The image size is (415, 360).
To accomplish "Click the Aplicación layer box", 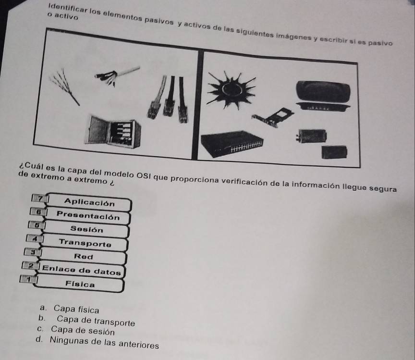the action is pyautogui.click(x=89, y=202).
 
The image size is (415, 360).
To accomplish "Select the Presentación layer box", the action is pyautogui.click(x=87, y=216).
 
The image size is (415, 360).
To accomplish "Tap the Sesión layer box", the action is pyautogui.click(x=86, y=229).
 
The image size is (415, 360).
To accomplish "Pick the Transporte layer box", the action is pyautogui.click(x=85, y=243).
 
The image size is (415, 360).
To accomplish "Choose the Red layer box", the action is pyautogui.click(x=83, y=257).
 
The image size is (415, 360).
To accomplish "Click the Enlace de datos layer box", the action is pyautogui.click(x=82, y=271).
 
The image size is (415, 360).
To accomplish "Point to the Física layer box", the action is pyautogui.click(x=80, y=284).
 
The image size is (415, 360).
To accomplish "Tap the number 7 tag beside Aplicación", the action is pyautogui.click(x=40, y=198).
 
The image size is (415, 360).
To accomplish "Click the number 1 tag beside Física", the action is pyautogui.click(x=28, y=279).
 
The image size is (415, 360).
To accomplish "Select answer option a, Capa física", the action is pyautogui.click(x=70, y=309).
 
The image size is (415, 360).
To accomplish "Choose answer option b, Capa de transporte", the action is pyautogui.click(x=87, y=321).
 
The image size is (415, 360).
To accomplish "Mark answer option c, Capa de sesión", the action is pyautogui.click(x=76, y=330).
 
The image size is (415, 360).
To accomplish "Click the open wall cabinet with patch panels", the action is pyautogui.click(x=113, y=131).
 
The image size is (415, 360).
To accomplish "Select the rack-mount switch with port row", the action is pyautogui.click(x=232, y=143).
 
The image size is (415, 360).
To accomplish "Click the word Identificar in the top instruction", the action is pyautogui.click(x=64, y=8).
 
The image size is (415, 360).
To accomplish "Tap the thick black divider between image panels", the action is pyautogui.click(x=198, y=105).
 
